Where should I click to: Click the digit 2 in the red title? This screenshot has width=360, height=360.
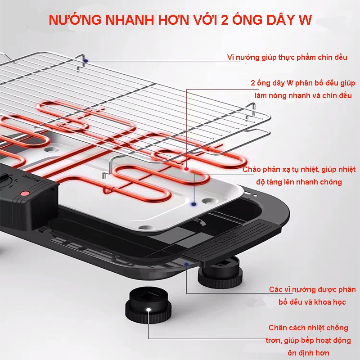pos(224,21)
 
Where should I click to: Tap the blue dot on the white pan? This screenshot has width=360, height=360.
pos(194,204)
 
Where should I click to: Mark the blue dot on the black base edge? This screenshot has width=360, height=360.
pos(186,265)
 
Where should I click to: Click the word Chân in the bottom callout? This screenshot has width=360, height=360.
pos(278,328)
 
